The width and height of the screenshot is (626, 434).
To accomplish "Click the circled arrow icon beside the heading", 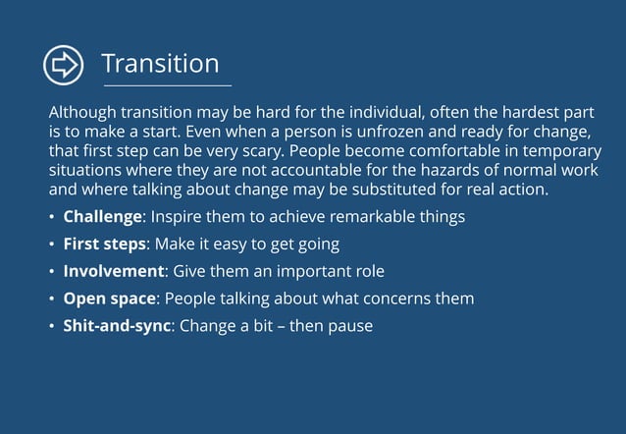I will pos(64,65).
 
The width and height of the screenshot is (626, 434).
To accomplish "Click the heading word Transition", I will pos(160,64).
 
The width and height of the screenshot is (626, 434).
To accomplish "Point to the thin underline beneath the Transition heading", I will pos(167,86).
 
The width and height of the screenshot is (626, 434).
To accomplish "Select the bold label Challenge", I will pos(103,216).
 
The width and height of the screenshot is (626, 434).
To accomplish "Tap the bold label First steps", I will pos(104,244).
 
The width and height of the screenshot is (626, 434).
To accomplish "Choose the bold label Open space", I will pos(109,298).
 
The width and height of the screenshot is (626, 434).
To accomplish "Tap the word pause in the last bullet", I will pos(351,325).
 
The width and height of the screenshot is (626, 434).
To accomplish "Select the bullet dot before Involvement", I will pos(52,271).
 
